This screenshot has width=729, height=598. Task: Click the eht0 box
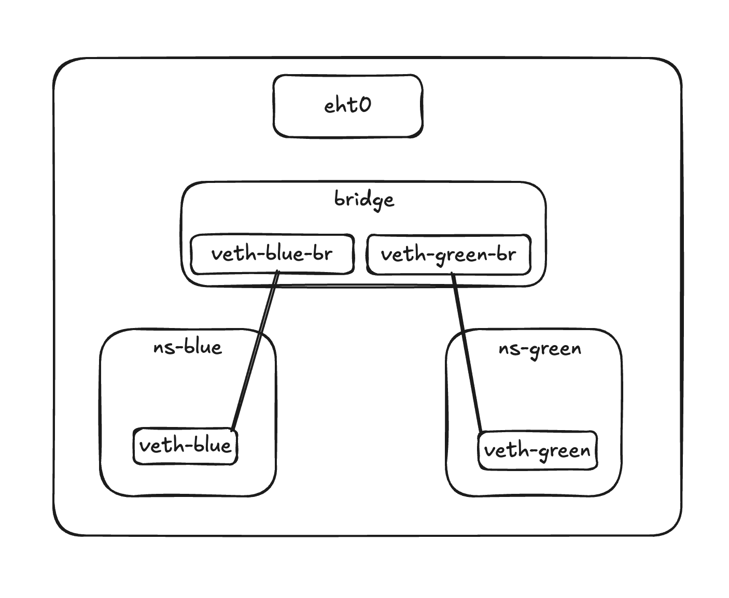pos(347,106)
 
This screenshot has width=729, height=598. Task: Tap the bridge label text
pos(364,200)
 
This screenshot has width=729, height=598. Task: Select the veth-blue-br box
pos(272,254)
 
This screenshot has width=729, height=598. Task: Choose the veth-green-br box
pos(448,254)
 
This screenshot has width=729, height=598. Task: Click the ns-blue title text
pos(188,347)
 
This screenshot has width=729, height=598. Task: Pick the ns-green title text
pos(539,348)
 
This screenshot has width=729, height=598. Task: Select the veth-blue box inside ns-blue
pos(185,446)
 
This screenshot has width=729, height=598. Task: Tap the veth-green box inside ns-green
pos(537,450)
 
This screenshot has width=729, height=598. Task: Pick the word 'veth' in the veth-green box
pos(502,450)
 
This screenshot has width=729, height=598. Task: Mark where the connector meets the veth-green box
pos(481,432)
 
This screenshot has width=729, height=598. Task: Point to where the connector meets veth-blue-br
pos(277,272)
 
